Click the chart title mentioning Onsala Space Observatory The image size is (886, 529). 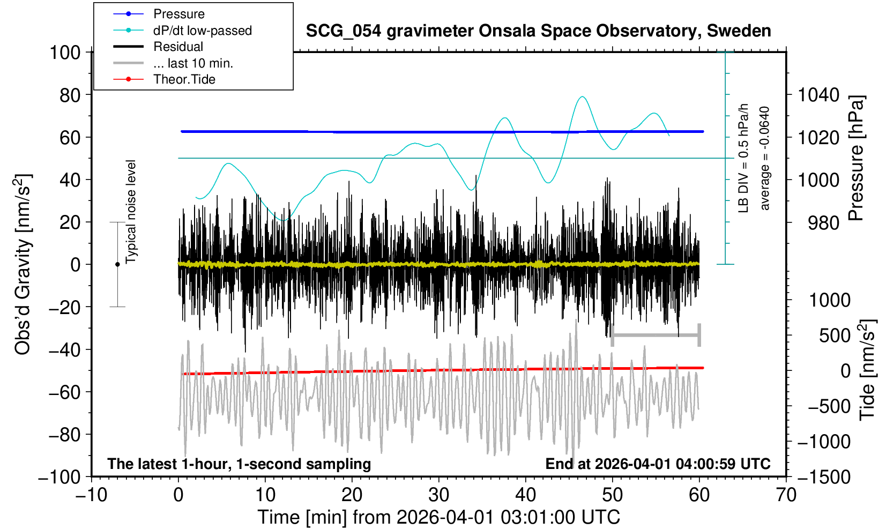point(538,31)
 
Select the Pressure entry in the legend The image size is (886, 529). point(178,14)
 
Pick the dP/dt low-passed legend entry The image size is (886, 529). point(202,31)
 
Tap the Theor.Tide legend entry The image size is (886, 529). point(184,79)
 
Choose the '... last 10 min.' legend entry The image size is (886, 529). point(193,63)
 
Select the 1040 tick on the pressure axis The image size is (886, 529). point(818,95)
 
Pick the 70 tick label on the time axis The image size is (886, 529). point(786,495)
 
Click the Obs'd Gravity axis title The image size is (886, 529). point(23,264)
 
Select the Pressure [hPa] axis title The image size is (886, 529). point(857,158)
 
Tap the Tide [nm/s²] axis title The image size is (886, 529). point(867,370)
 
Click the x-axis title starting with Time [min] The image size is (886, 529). point(438,517)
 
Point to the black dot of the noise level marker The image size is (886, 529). point(117,264)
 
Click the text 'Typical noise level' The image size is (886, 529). point(131,212)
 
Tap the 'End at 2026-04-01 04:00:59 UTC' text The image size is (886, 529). point(658,464)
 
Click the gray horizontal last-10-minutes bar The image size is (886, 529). point(656,336)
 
